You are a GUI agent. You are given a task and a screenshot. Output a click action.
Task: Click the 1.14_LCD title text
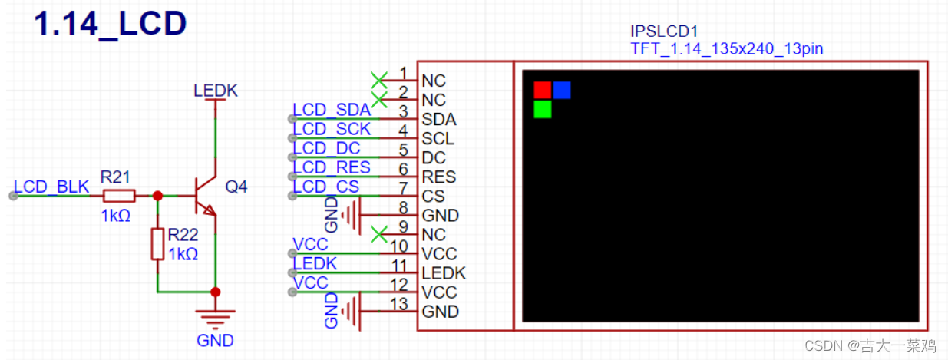point(111,24)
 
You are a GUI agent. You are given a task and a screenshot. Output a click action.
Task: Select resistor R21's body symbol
point(118,196)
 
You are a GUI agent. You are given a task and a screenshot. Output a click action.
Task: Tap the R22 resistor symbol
point(157,244)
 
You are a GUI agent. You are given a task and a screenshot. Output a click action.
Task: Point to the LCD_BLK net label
point(52,187)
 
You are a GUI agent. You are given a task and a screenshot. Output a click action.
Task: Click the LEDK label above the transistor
point(216,91)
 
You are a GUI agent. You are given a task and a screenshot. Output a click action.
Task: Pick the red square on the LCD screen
point(543,90)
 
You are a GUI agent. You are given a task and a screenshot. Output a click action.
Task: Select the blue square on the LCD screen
point(562,90)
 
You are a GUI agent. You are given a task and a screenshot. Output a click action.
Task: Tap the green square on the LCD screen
point(543,109)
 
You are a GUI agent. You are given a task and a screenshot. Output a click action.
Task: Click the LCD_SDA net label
point(332,111)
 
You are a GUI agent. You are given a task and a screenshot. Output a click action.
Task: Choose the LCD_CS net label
point(326,187)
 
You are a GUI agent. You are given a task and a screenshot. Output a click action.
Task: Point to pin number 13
point(399,302)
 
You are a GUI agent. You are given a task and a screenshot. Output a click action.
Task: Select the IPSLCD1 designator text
point(664,32)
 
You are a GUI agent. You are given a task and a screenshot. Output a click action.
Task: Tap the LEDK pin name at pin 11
point(444,273)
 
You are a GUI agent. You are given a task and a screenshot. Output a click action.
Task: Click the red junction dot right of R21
point(157,196)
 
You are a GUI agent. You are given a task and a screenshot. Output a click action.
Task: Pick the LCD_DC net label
point(326,148)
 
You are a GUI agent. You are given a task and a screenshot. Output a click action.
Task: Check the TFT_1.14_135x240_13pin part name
point(726,49)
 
